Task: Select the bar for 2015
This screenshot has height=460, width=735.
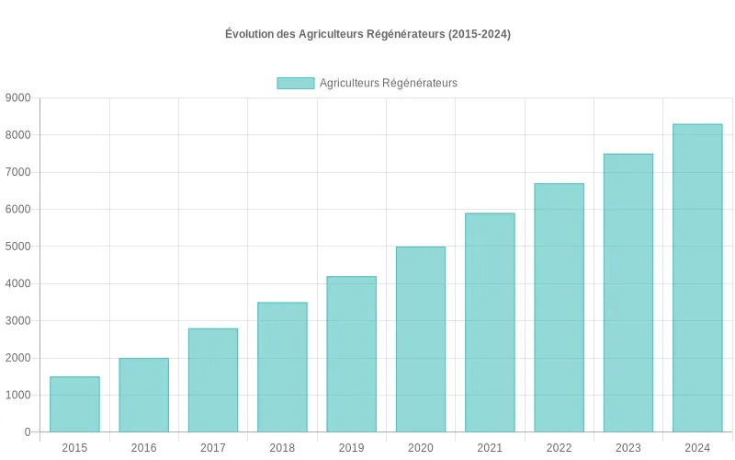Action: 74,404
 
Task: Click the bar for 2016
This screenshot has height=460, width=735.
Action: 143,395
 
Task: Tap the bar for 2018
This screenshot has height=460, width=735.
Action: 282,367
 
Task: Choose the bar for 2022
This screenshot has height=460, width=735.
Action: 559,307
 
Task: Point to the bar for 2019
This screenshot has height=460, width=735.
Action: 351,354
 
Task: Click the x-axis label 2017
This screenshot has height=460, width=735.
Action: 213,448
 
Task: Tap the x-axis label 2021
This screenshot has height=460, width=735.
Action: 490,448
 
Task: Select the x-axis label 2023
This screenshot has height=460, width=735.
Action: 628,448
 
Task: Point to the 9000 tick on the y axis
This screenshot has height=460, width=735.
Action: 17,98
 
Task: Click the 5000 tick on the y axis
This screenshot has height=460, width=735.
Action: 17,247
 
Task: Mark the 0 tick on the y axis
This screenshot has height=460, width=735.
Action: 28,432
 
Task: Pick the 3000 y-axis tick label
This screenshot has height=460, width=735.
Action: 17,321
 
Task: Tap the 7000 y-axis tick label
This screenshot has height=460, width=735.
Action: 17,172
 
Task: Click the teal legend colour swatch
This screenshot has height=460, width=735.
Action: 295,83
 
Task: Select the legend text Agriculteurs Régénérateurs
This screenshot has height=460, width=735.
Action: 388,83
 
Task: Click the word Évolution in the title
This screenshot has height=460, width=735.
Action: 249,34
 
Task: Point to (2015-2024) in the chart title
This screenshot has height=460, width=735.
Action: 479,34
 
